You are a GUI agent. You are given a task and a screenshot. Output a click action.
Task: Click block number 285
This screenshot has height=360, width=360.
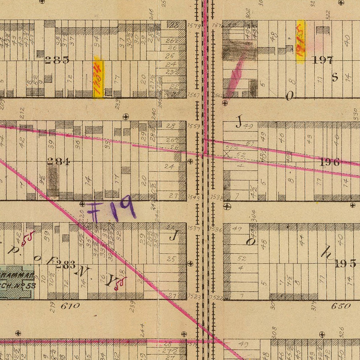pyautogui.click(x=57, y=60)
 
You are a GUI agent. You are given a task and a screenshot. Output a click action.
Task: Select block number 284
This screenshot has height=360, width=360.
pyautogui.click(x=59, y=162)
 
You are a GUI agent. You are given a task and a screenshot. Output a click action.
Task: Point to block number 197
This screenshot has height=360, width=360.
pyautogui.click(x=322, y=60)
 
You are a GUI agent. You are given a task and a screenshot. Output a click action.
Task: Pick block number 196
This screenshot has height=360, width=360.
pyautogui.click(x=330, y=162)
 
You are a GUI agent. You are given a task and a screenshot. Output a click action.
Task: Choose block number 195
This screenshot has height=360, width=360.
pyautogui.click(x=346, y=264)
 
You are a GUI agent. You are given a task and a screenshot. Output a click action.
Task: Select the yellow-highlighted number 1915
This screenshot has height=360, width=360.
pyautogui.click(x=301, y=42)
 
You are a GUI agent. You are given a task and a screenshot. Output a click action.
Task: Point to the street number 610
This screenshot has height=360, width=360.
pyautogui.click(x=70, y=306)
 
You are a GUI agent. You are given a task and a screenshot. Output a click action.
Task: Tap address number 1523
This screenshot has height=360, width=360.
pyautogui.click(x=193, y=297)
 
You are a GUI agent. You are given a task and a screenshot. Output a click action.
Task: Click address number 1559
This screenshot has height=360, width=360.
pyautogui.click(x=193, y=126)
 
